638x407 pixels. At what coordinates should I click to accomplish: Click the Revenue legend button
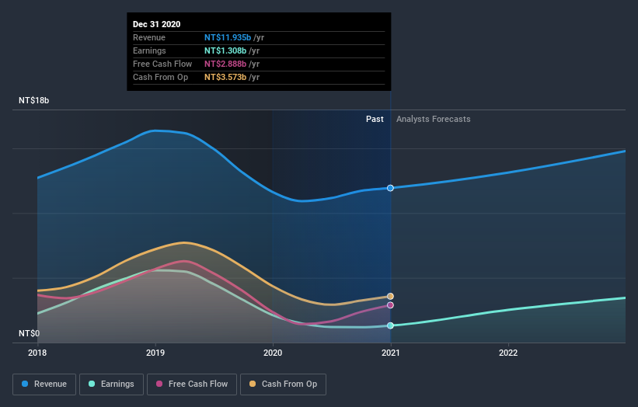[x=45, y=384]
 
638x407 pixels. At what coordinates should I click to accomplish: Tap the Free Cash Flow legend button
[x=192, y=384]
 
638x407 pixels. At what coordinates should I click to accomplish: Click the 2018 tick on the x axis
[x=37, y=353]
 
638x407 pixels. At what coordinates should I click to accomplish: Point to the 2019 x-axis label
[x=155, y=353]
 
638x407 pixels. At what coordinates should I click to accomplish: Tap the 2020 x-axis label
[x=273, y=353]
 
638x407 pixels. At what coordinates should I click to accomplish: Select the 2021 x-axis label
[x=390, y=353]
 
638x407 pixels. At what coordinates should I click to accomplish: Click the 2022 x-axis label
[x=508, y=353]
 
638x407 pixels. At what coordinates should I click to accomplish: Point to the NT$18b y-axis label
[x=34, y=101]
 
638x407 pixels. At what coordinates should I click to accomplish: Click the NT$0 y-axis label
[x=29, y=333]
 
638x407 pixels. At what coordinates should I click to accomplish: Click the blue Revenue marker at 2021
[x=390, y=188]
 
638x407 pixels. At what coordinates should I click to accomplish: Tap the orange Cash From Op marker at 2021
[x=390, y=296]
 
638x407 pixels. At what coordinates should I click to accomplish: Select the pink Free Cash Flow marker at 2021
[x=390, y=305]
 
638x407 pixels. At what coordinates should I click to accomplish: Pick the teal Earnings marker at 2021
[x=390, y=325]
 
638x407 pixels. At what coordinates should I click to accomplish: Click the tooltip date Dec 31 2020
[x=157, y=24]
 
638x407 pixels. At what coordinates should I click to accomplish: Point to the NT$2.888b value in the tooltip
[x=225, y=64]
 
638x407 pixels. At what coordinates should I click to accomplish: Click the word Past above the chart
[x=375, y=119]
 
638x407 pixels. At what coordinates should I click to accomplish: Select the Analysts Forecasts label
[x=433, y=119]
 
